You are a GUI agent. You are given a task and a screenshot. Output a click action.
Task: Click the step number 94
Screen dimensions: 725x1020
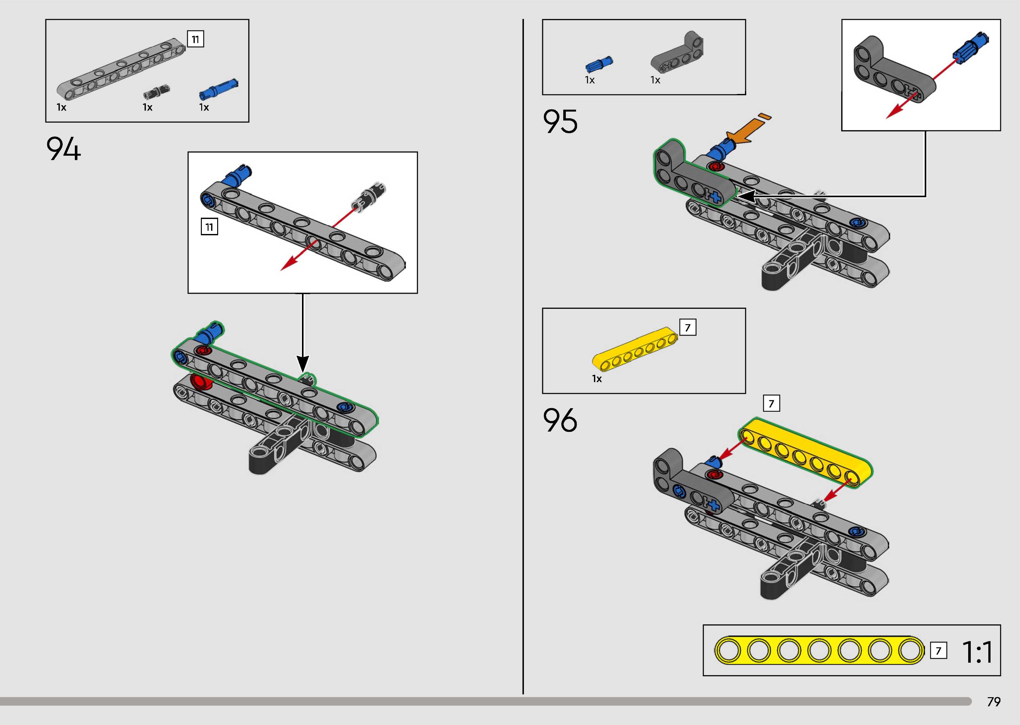coord(63,149)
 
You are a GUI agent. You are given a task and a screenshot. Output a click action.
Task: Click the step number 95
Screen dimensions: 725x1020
coord(560,121)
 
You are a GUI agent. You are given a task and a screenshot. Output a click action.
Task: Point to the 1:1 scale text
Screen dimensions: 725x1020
coord(977,652)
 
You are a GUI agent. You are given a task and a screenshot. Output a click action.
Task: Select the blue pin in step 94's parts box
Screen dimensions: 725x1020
coord(218,89)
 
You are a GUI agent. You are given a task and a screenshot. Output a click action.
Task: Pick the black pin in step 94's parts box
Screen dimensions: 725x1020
coord(156,91)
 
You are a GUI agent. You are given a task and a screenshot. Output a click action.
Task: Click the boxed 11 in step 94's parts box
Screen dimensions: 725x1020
coord(195,39)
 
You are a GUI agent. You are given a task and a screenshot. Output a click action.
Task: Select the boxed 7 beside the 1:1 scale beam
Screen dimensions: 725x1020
coord(938,651)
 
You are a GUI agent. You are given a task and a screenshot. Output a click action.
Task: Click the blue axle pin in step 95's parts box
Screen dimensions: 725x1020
coord(599,65)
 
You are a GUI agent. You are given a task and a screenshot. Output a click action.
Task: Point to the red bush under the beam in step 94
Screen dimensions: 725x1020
coord(202,382)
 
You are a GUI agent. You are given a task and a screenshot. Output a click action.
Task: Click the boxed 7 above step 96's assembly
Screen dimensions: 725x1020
coord(771,403)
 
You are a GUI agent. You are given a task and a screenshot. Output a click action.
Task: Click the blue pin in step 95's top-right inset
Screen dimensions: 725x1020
coord(970,47)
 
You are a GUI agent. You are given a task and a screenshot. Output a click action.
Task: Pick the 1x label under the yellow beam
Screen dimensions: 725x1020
coord(597,378)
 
